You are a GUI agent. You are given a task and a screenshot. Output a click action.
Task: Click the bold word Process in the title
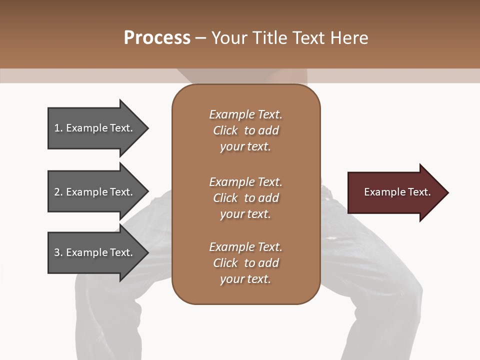(157, 38)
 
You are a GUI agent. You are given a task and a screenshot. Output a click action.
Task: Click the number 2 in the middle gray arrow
(57, 192)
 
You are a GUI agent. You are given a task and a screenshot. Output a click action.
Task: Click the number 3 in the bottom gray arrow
(57, 252)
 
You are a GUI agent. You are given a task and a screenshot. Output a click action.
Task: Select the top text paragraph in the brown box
(245, 130)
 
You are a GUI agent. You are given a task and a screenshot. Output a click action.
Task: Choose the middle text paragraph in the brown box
(245, 198)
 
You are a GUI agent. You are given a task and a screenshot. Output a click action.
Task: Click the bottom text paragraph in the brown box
(245, 263)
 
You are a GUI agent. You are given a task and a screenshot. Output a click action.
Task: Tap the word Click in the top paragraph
(225, 130)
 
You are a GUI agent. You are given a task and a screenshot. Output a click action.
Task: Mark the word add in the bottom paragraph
(269, 263)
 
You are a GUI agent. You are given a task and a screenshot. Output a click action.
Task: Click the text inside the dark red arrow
(397, 192)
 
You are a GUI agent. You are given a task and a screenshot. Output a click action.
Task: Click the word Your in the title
(229, 38)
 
